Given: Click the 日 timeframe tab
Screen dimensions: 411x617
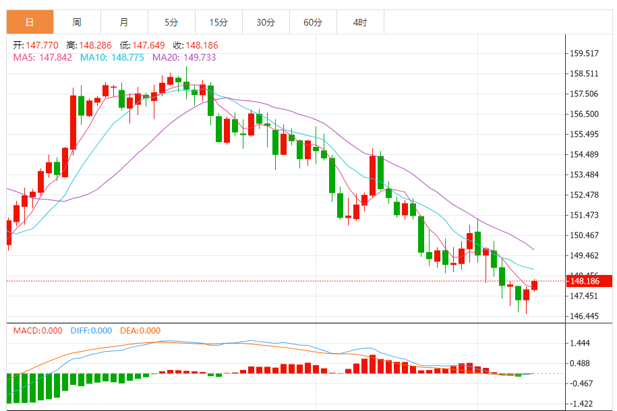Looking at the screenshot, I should point(30,22).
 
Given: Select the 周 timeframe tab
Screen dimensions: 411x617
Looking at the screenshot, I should point(77,22).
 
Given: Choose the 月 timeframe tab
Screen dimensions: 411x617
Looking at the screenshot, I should point(124,22).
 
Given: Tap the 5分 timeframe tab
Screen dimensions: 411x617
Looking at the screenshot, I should point(171,22).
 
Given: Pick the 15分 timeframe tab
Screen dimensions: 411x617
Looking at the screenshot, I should point(218,22).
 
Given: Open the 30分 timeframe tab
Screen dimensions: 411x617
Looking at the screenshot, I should point(266,22).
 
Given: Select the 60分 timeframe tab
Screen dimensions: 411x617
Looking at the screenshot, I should point(313,22).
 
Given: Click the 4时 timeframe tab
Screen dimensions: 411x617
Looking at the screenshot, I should point(360,22).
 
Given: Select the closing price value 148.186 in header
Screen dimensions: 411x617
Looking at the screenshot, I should point(201,45).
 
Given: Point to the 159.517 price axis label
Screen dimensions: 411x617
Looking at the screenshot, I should point(584,53).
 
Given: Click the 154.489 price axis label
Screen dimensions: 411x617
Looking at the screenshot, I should point(584,155).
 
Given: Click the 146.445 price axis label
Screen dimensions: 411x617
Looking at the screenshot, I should point(584,317).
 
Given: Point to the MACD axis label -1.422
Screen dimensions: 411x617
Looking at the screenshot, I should point(581,404).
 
